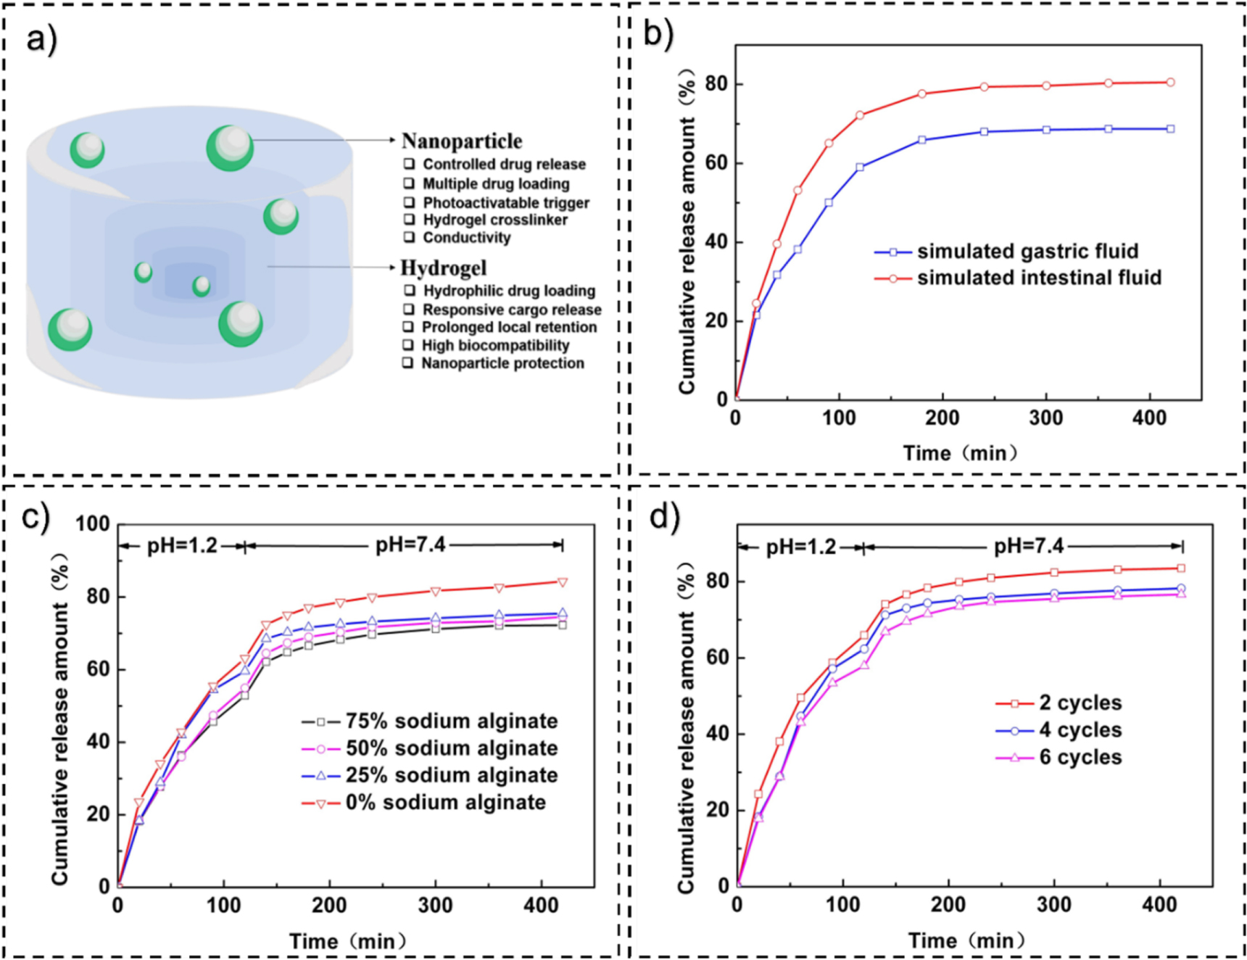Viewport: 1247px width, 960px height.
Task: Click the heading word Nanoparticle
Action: point(462,141)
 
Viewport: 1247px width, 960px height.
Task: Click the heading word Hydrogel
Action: point(443,268)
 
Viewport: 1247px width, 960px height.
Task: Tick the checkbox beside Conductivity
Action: point(409,237)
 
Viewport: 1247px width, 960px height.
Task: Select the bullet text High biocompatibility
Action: point(495,345)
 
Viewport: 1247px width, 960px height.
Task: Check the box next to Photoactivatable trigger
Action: point(409,202)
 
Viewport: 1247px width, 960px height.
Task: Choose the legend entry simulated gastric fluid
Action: point(1027,252)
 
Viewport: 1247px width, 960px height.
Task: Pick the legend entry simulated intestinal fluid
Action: point(1039,278)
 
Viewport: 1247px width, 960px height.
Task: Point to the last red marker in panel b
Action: point(1170,83)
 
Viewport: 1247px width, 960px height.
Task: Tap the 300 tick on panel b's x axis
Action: point(1046,418)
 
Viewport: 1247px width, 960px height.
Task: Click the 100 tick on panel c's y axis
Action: point(92,524)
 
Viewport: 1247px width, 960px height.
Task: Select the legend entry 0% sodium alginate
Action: point(445,803)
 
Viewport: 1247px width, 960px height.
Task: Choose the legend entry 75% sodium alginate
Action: point(451,721)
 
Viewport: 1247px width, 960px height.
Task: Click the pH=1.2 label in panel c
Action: point(182,545)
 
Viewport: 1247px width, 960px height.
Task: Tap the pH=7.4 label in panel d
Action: point(1028,546)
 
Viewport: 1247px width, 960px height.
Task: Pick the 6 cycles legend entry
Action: point(1080,758)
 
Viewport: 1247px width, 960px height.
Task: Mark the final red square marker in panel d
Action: point(1181,568)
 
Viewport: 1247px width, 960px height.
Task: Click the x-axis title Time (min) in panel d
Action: point(966,941)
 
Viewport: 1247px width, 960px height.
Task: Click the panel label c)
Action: point(35,518)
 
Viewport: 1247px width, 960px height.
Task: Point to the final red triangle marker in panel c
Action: point(562,582)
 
